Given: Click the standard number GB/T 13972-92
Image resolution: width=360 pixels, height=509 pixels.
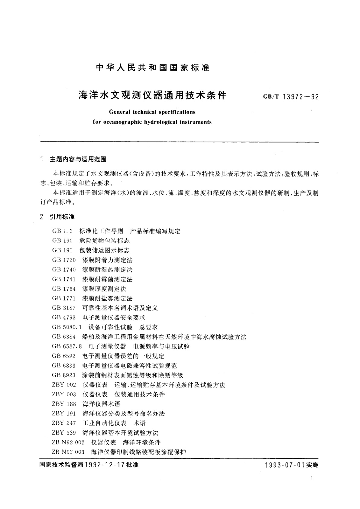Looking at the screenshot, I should point(291,97).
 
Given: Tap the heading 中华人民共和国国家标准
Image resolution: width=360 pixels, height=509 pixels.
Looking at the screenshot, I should point(153,68).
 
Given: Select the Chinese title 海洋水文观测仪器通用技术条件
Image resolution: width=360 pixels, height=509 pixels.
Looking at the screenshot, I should point(152,96).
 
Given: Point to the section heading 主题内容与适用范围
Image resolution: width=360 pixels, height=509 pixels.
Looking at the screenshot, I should point(78,159).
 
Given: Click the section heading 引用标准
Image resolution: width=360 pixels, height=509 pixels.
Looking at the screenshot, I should point(62,217).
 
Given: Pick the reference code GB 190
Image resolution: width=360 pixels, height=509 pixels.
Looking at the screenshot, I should point(62,241).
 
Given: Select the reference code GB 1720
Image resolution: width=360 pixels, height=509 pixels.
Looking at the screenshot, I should point(64,260).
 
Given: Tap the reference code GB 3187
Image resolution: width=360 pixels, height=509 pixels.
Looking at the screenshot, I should point(64,308).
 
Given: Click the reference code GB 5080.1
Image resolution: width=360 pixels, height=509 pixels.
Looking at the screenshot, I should point(67,327).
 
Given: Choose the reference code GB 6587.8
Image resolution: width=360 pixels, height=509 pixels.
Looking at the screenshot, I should point(67,346).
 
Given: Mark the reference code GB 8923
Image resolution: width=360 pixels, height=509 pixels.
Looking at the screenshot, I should point(64,375).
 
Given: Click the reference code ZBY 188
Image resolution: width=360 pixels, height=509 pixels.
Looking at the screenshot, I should point(64,404).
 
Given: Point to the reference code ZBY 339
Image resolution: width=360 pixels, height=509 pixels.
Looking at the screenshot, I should point(64,433).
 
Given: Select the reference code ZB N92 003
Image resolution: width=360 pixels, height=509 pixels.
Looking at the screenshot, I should point(68,452).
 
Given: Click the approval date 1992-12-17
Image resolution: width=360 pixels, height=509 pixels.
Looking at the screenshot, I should point(105,465).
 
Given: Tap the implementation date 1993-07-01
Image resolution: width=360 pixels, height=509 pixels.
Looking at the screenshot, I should point(284,465).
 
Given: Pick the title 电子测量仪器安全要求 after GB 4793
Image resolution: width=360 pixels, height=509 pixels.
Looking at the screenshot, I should point(114,318).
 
